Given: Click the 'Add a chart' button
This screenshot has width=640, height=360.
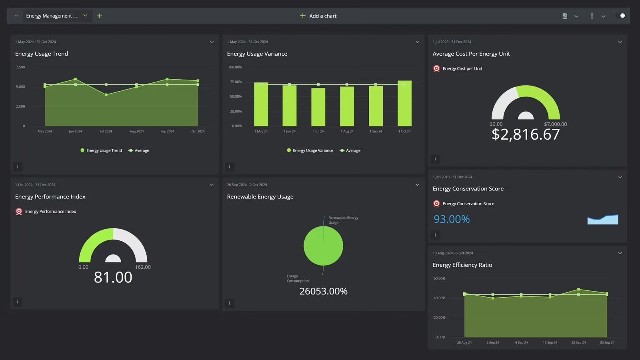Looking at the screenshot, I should click(318, 16).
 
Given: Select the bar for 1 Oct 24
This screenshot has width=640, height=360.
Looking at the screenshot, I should click(404, 104).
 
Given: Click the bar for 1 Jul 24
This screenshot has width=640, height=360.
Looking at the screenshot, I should click(318, 107).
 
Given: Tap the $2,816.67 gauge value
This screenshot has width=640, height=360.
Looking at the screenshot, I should click(526, 134).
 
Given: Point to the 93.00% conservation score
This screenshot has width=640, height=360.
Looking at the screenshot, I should click(452, 219).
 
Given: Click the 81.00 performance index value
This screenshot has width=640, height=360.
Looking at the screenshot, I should click(113, 277).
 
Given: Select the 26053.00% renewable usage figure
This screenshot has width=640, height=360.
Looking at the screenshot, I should click(323, 291).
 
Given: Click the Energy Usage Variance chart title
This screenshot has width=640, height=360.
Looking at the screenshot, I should click(257, 54).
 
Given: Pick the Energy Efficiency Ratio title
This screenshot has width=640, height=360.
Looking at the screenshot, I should click(462, 265).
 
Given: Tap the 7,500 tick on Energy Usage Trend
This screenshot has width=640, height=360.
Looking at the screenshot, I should click(20, 67).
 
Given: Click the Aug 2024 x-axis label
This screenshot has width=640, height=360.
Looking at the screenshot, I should click(136, 131).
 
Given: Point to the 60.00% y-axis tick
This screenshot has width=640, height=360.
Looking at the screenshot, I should click(439, 278).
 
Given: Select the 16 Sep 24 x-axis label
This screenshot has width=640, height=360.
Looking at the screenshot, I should click(550, 342).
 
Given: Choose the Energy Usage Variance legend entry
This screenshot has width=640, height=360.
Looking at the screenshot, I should click(310, 150).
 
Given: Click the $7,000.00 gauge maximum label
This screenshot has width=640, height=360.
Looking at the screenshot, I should click(555, 124).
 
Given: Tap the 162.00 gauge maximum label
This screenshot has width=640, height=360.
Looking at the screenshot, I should click(143, 267).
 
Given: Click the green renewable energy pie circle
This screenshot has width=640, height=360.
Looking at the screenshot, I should click(323, 246).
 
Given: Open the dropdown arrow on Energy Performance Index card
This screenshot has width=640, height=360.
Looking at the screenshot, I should click(212, 185).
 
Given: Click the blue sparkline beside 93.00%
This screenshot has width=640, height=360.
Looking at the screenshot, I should click(603, 220).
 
